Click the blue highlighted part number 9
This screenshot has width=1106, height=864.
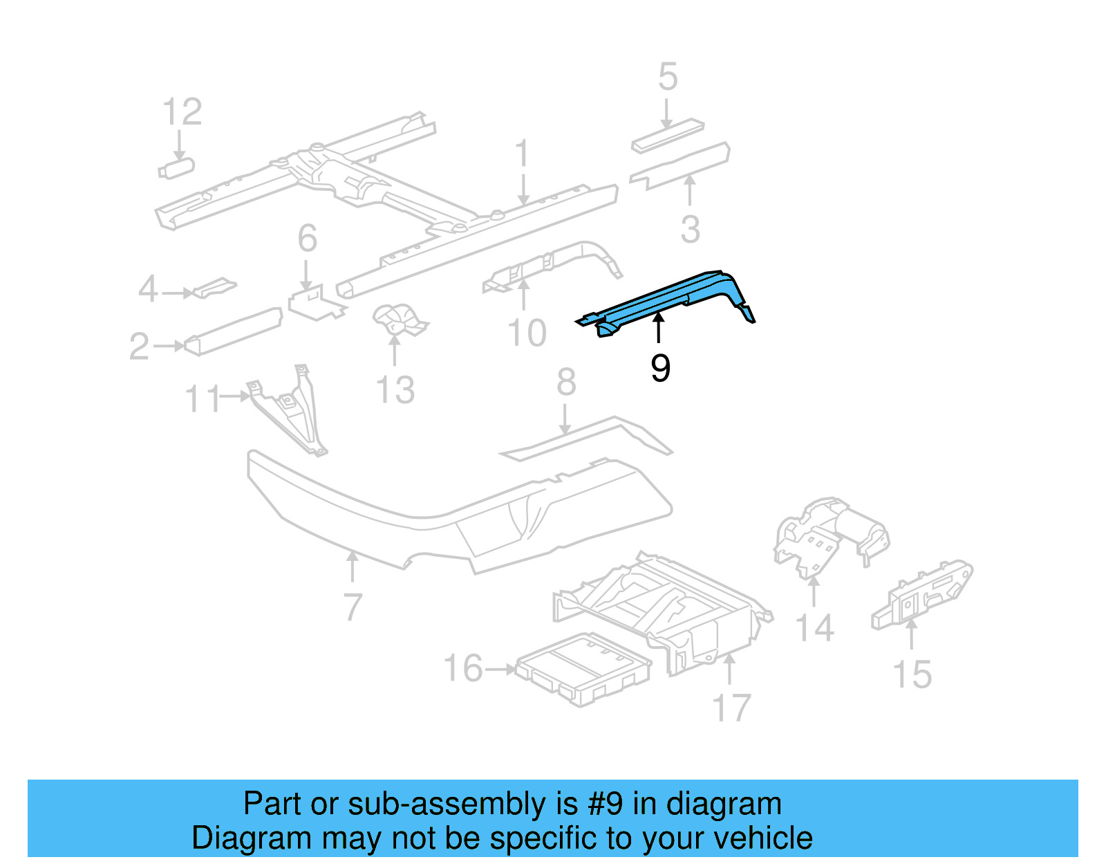pos(664,297)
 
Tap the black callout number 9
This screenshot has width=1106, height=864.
pos(660,368)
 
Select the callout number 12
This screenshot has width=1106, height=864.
pos(182,112)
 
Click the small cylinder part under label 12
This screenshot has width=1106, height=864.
pos(177,167)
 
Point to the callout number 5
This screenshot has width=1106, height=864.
pos(667,77)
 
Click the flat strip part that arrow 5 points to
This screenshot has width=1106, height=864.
pos(667,136)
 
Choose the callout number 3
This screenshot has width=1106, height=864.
pos(690,229)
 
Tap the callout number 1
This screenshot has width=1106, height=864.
pos(522,153)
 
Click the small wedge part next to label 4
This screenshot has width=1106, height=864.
pos(214,287)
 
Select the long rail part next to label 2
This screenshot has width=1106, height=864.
pos(232,331)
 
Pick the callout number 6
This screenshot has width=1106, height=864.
pos(307,239)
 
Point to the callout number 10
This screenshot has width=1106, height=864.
pos(527,333)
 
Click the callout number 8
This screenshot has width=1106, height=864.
pos(566,382)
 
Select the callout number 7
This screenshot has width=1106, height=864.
pos(353,607)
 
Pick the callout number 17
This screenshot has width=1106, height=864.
pos(731,708)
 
